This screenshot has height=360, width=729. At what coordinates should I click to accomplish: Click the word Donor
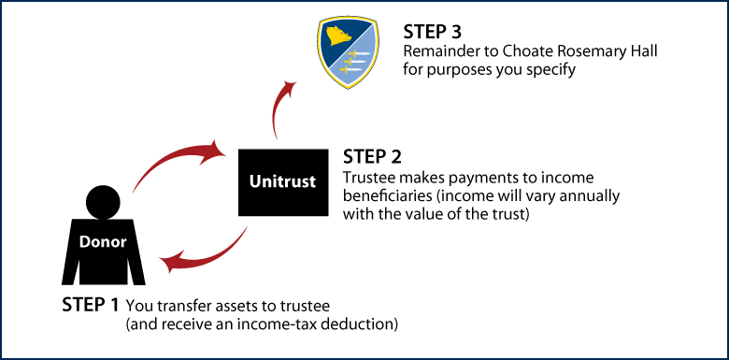tap(103, 241)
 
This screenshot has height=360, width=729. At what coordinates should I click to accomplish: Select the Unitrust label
tap(282, 181)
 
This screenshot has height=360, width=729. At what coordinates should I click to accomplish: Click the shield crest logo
tap(348, 51)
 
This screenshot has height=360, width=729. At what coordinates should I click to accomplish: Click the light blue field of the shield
tap(363, 56)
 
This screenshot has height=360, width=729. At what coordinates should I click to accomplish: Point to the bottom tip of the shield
tap(348, 88)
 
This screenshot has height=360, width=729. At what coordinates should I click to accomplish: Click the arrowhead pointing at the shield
tap(290, 87)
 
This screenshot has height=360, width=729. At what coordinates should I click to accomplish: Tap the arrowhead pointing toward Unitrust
tap(218, 149)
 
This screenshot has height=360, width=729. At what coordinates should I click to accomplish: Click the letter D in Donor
tap(84, 241)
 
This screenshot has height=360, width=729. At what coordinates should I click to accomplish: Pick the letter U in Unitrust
tap(255, 181)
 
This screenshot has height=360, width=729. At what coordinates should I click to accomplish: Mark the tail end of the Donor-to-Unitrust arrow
tap(134, 192)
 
